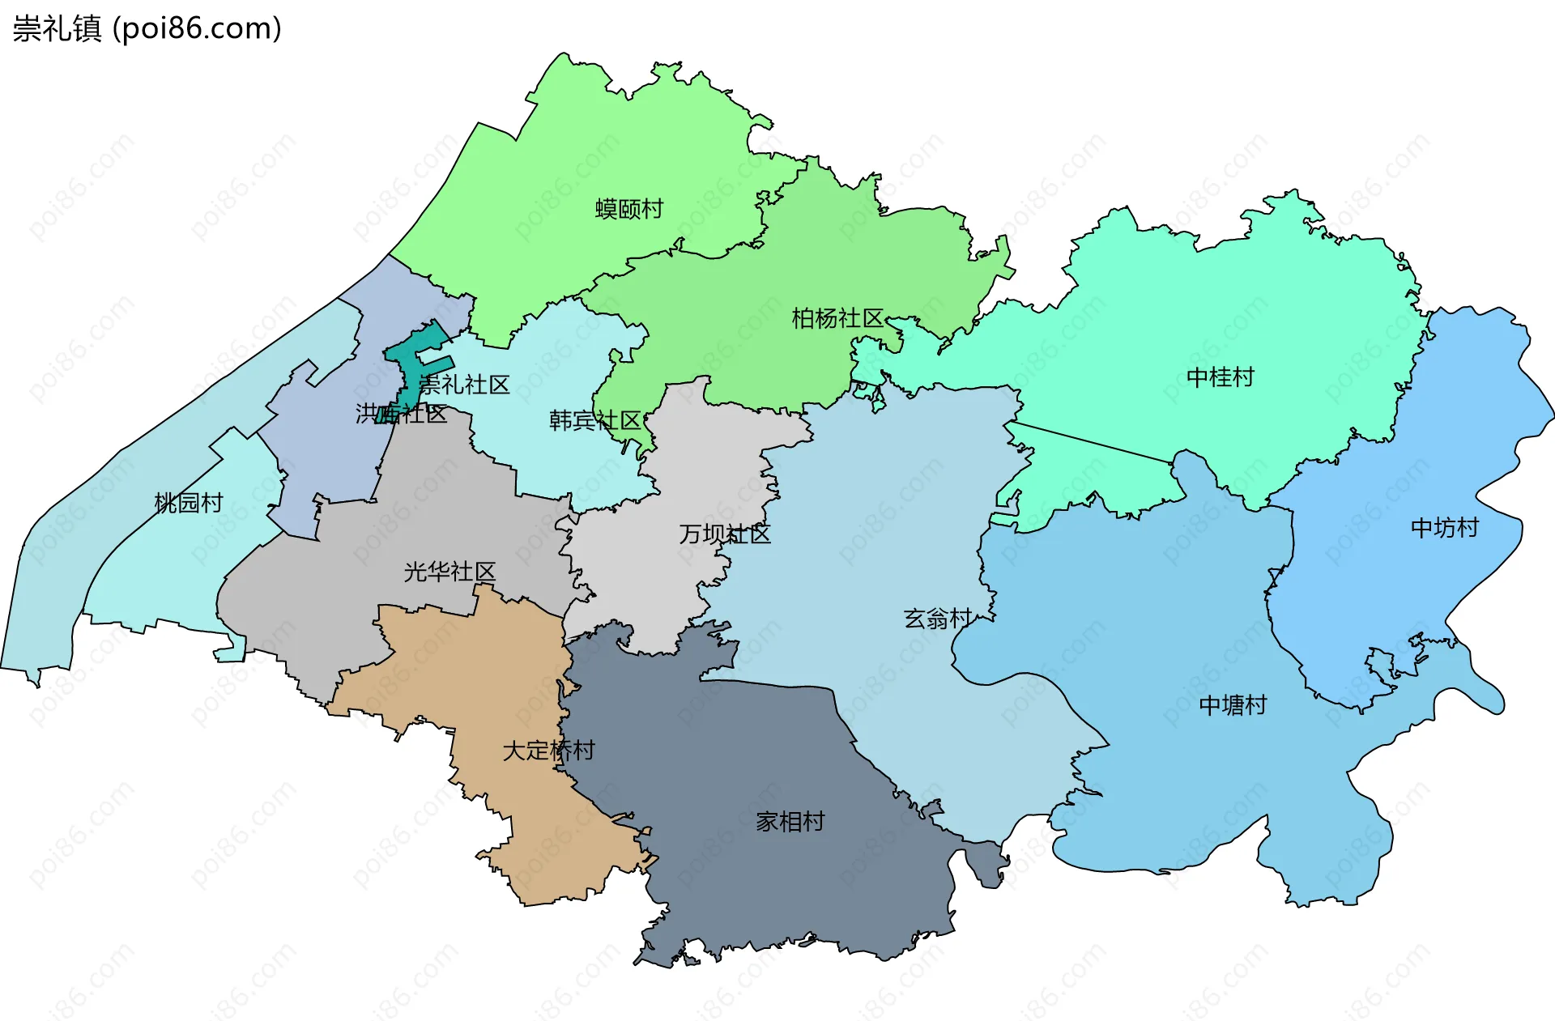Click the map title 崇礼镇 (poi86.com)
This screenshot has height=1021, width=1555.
[x=147, y=28]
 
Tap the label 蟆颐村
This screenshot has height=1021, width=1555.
[x=629, y=209]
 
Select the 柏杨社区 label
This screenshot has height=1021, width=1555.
[x=837, y=318]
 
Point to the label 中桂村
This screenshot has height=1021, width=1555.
[x=1220, y=377]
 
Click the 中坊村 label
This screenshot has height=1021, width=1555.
[x=1444, y=528]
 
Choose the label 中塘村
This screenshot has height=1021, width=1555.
[x=1233, y=705]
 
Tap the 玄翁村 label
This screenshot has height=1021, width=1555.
[x=938, y=619]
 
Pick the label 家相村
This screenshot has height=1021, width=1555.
[x=790, y=822]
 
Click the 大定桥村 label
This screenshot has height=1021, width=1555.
[x=548, y=751]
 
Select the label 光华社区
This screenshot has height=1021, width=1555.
[x=449, y=572]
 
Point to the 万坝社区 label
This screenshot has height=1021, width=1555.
[x=725, y=534]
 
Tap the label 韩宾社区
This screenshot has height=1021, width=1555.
[x=595, y=420]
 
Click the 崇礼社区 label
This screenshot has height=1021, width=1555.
[x=465, y=385]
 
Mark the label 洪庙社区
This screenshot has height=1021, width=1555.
[x=402, y=414]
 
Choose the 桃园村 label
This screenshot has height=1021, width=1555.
[x=189, y=503]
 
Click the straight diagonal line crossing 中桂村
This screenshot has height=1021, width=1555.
[x=1093, y=443]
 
